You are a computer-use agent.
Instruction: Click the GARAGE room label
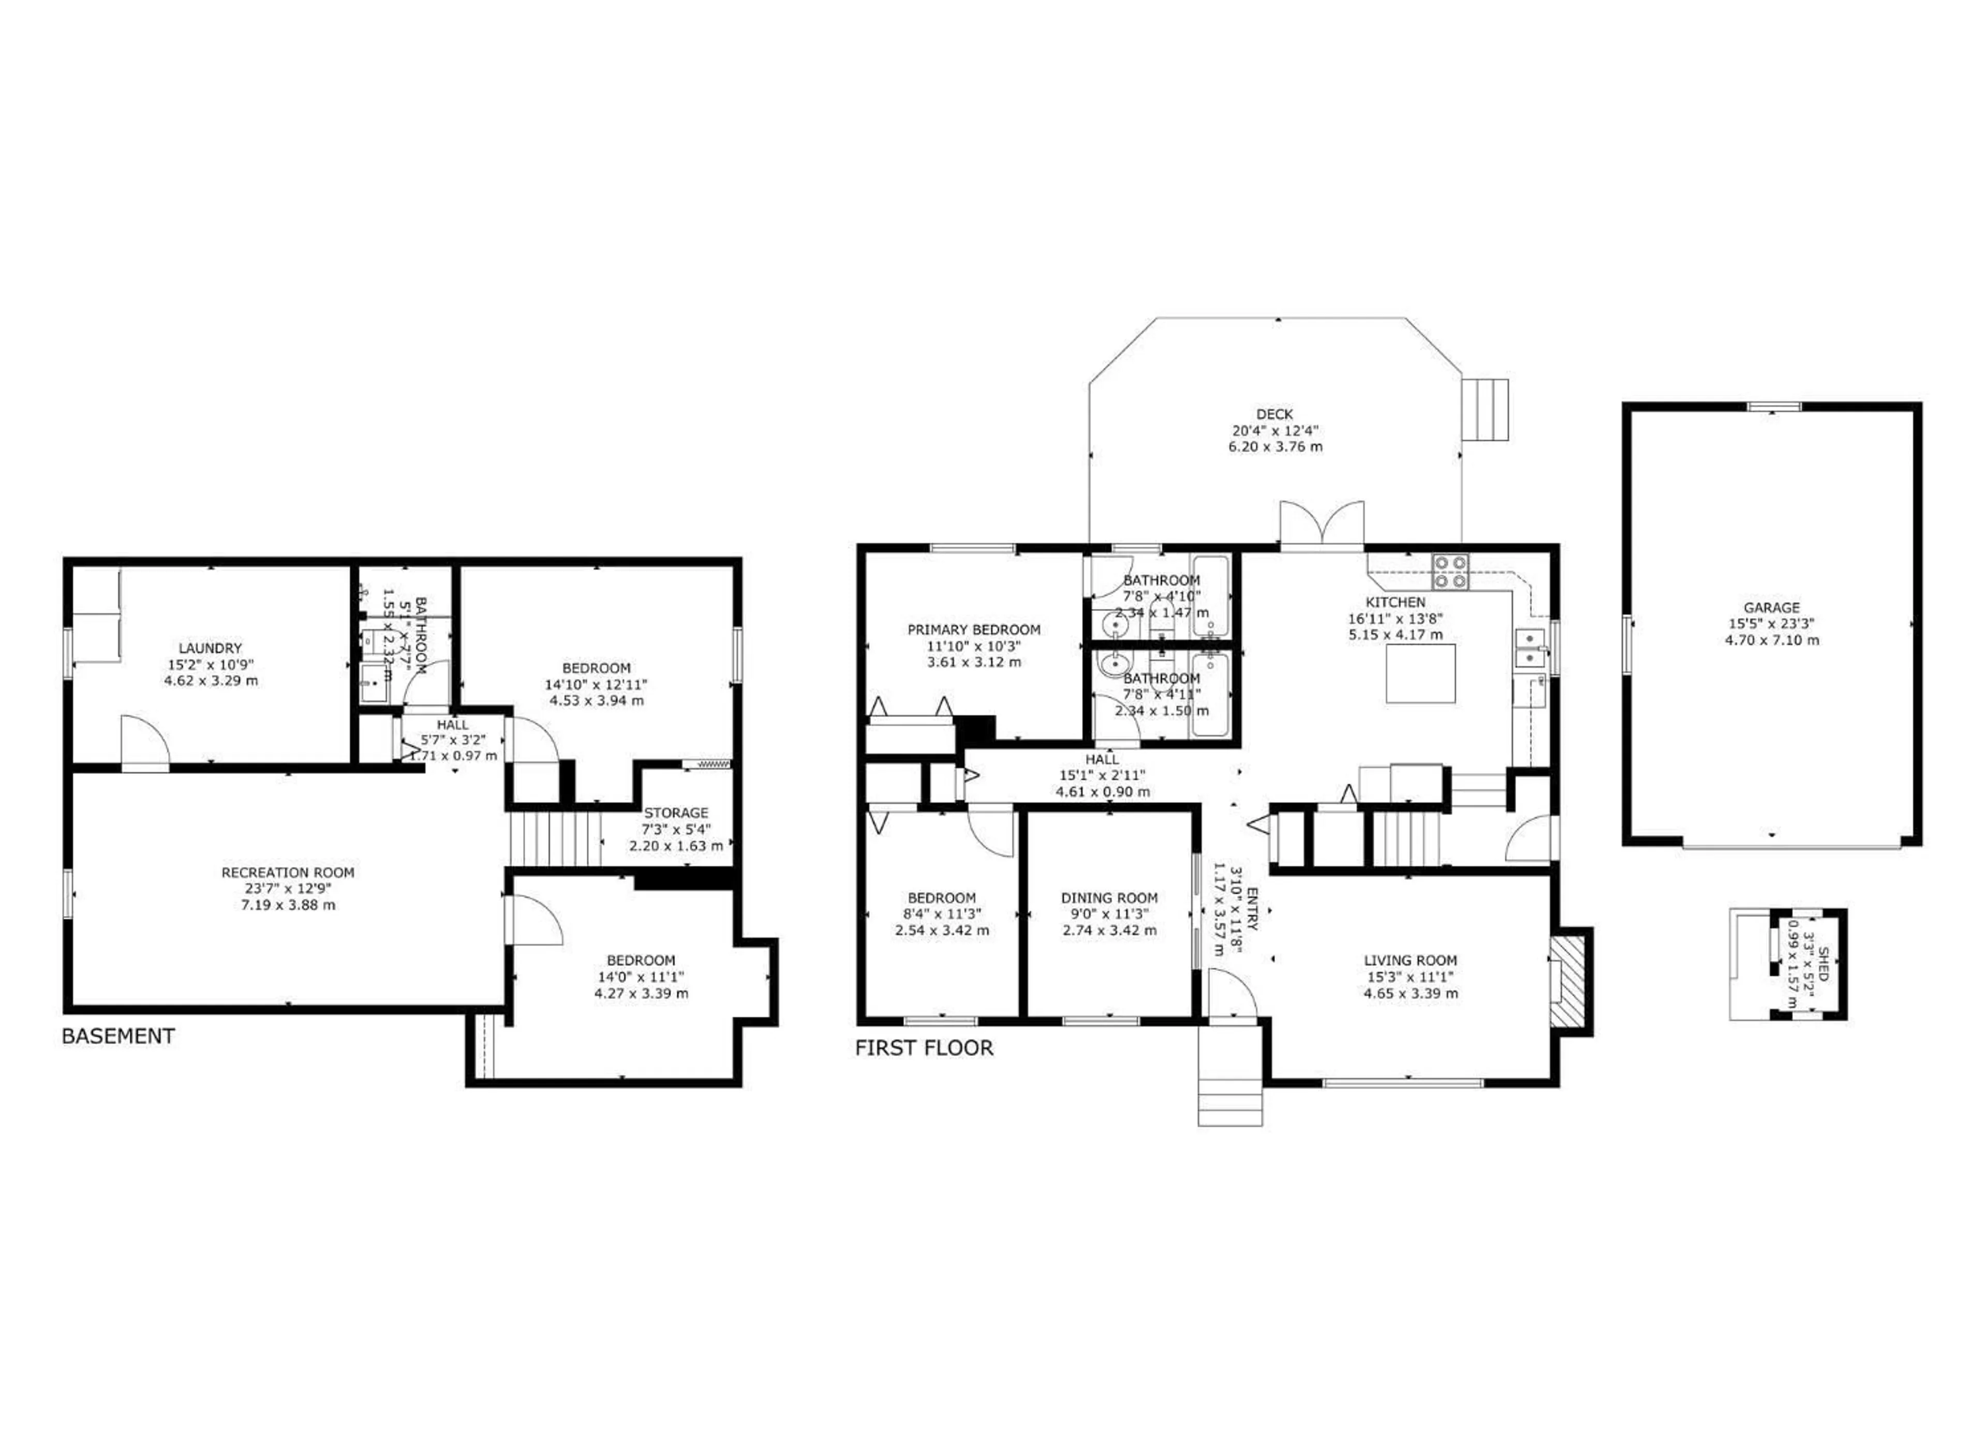click(x=1771, y=607)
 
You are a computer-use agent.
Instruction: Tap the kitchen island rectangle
click(x=1420, y=673)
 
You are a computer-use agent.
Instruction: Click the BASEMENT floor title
click(x=118, y=1036)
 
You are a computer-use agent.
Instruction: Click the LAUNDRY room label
click(x=210, y=648)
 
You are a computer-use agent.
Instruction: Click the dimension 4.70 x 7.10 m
click(x=1771, y=640)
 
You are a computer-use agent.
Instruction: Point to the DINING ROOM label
click(x=1109, y=898)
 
